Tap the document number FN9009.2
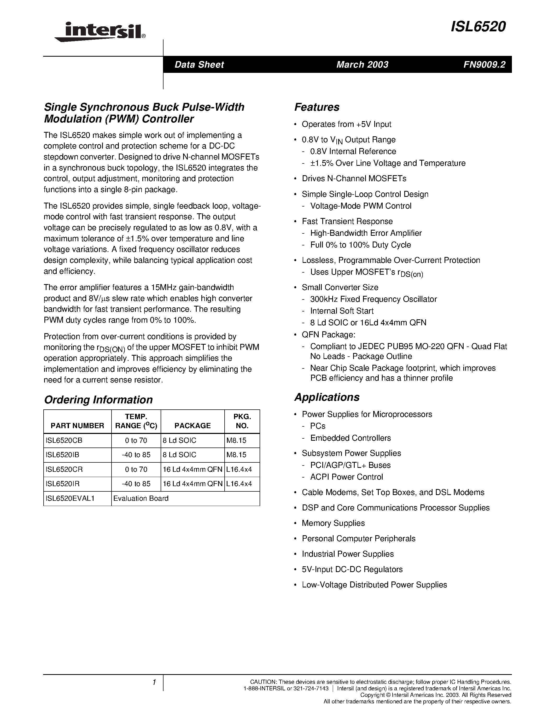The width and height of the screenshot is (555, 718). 484,64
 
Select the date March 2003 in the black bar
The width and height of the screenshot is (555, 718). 362,64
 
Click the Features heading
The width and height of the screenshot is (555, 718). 317,107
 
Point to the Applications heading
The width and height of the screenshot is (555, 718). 327,397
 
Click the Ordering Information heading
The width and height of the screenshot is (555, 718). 98,400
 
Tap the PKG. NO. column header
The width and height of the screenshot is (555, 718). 242,421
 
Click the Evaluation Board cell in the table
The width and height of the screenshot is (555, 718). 141,498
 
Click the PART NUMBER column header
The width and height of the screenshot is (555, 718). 77,426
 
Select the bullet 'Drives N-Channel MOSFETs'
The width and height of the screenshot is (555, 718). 354,179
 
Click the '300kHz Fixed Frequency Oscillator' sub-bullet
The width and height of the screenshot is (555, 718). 373,299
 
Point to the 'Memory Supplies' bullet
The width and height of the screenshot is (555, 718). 333,523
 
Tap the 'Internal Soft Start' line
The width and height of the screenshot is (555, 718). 342,311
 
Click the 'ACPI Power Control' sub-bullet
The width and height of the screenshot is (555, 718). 347,477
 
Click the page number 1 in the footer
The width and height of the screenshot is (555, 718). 154,682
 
